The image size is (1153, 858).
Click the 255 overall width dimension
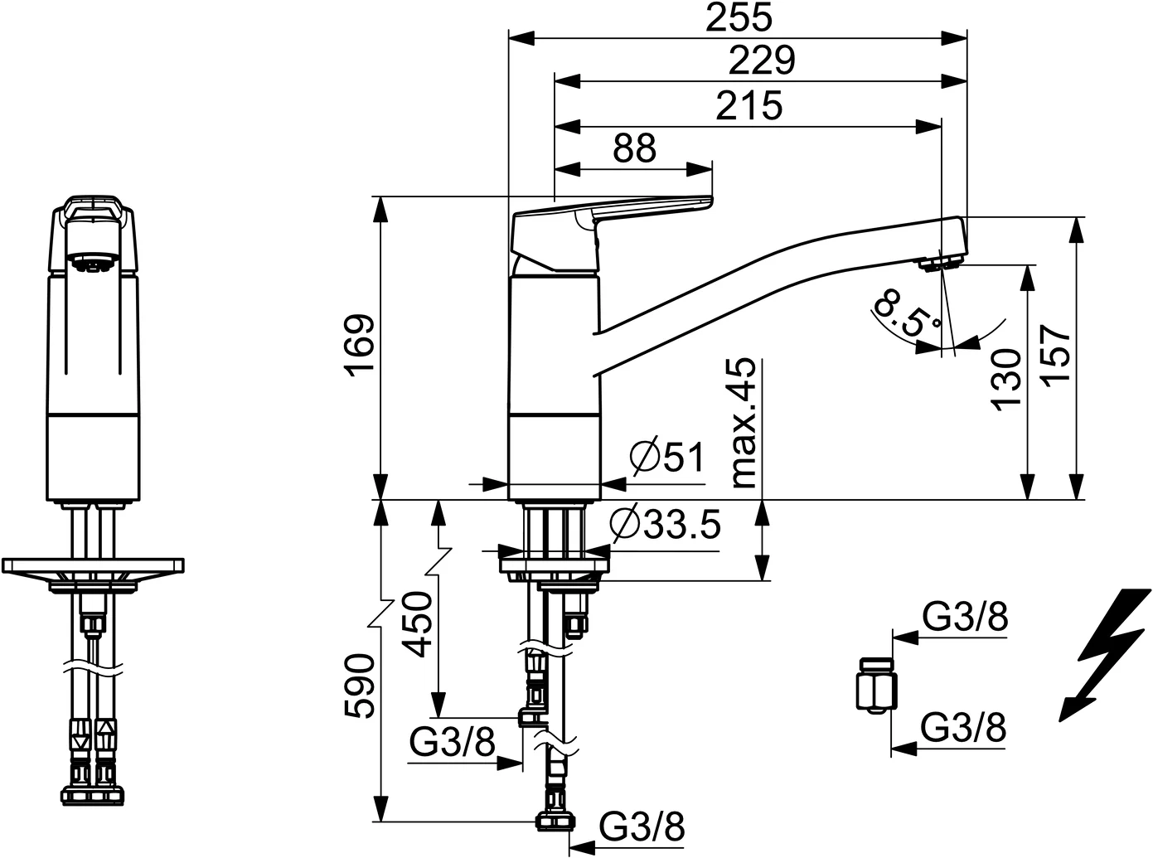[739, 17]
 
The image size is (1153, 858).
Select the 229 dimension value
[762, 61]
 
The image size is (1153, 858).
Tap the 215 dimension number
[749, 105]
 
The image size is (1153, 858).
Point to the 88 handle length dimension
[634, 148]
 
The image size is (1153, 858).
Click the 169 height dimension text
[360, 346]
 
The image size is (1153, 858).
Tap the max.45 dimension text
[744, 422]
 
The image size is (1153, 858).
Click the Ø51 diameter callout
[667, 458]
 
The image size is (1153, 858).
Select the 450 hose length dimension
[418, 624]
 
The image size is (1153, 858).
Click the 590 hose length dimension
[360, 686]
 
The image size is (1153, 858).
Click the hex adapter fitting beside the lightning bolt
[876, 685]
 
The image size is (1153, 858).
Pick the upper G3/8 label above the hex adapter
[965, 618]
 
